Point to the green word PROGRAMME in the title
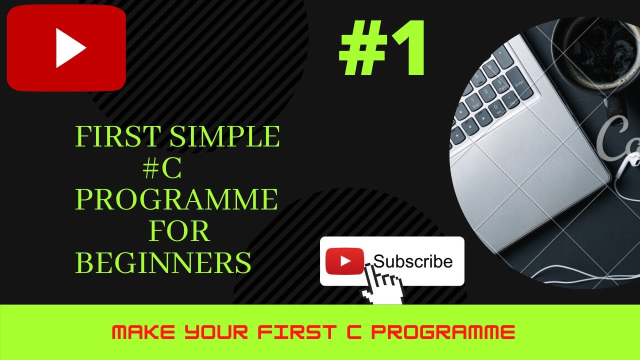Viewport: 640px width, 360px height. point(176,200)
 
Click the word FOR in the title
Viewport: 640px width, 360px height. point(178,231)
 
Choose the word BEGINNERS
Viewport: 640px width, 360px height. point(163,262)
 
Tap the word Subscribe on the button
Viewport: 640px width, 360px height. point(413,261)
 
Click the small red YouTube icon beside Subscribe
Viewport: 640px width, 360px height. point(344,261)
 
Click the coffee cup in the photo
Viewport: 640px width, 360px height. point(590,55)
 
